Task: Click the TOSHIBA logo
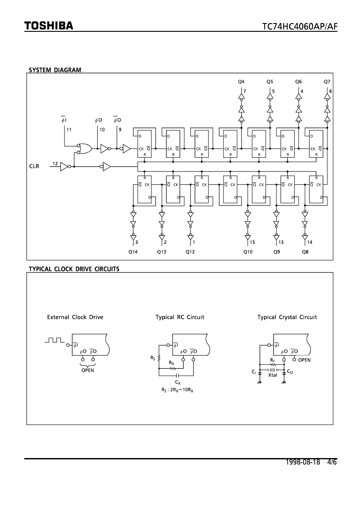coord(48,26)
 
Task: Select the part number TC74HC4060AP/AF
coord(300,27)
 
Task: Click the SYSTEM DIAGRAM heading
coord(55,70)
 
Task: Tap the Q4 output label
coord(241,81)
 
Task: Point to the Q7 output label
coord(327,81)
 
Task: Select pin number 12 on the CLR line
coord(55,163)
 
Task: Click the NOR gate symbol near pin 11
coord(83,148)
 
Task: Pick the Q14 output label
coord(132,252)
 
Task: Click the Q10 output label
coord(248,252)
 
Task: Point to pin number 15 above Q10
coord(253,242)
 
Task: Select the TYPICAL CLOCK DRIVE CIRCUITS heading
coord(74,269)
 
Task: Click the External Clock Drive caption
coord(75,317)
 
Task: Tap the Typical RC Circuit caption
coord(180,317)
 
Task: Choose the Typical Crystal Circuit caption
coord(287,317)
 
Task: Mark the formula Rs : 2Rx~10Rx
coord(177,390)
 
